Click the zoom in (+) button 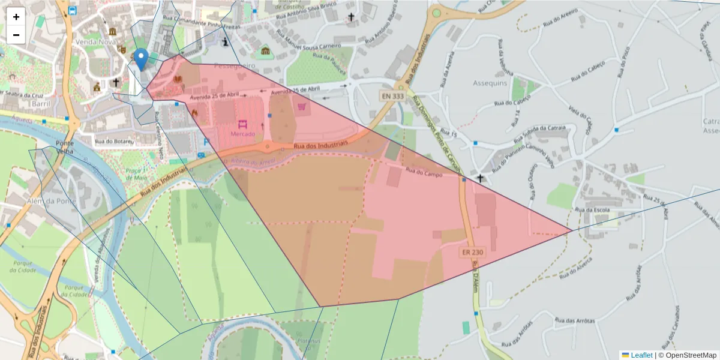[16, 17]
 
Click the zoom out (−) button [16, 35]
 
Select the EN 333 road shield [392, 95]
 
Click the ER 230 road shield [473, 253]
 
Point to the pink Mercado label [242, 133]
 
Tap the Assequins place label [490, 83]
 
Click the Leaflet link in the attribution [641, 355]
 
